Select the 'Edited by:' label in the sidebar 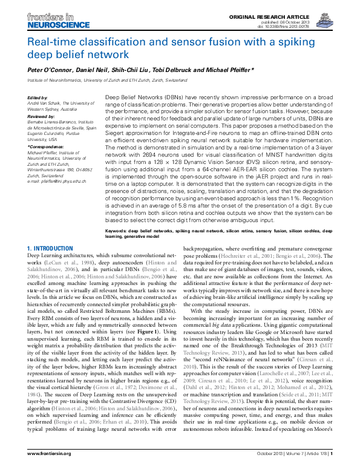38,97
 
